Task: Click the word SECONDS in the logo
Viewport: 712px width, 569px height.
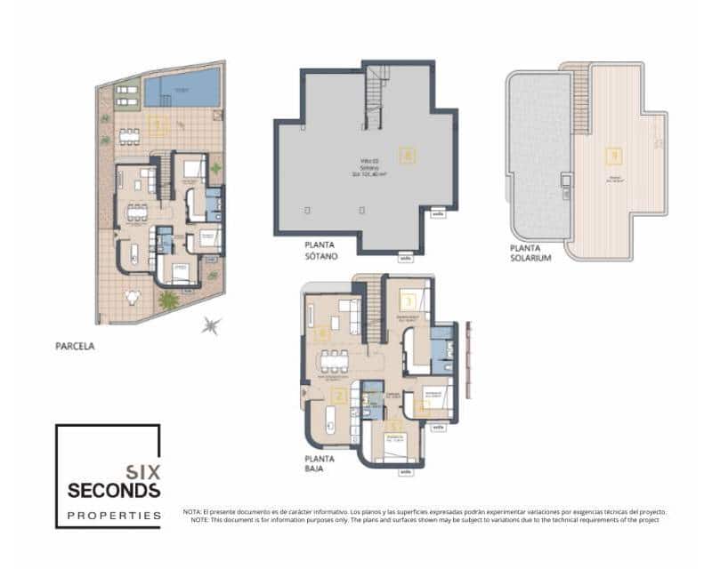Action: [115, 490]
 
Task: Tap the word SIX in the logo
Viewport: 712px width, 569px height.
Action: [142, 473]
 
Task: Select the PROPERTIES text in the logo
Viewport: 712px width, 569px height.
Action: [115, 515]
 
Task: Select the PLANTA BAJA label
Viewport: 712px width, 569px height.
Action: [320, 463]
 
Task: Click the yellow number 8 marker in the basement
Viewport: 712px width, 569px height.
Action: [409, 155]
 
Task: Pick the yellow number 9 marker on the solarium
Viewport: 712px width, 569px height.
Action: [613, 156]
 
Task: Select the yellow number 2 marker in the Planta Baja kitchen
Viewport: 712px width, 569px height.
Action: [338, 397]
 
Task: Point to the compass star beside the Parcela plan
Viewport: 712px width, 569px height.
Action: [211, 326]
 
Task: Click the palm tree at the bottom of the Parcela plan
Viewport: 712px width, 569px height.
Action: [167, 301]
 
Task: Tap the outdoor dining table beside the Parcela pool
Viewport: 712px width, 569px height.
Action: [129, 136]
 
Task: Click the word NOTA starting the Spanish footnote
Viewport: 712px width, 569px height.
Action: [193, 512]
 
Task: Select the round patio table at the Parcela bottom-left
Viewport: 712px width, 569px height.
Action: [133, 296]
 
